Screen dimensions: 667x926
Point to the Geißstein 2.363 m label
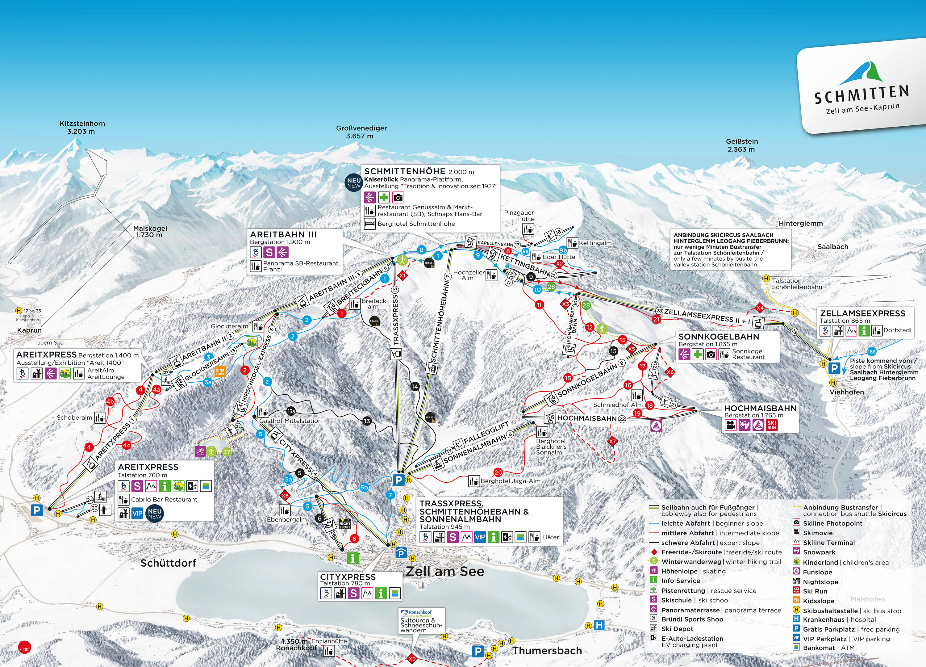(741, 145)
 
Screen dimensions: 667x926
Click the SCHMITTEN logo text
(861, 95)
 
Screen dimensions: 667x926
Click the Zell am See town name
(444, 571)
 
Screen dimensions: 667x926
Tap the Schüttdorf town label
(168, 563)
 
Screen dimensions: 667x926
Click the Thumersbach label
(547, 651)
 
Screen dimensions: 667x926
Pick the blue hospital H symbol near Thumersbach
(599, 625)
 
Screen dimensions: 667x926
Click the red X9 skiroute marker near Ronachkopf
(412, 658)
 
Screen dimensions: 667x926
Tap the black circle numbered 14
(415, 386)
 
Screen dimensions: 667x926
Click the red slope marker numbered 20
(498, 472)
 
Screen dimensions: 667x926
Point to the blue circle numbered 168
(872, 352)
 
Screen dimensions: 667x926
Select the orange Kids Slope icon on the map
(220, 372)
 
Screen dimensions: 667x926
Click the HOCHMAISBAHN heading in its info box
(760, 408)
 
